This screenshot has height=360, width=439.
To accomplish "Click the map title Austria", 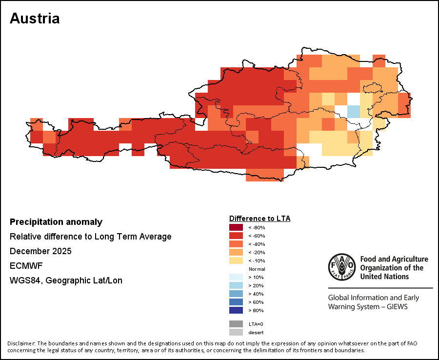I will click(35, 19).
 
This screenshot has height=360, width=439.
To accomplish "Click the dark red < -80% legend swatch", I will click(236, 227).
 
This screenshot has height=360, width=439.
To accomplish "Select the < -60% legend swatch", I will click(236, 236).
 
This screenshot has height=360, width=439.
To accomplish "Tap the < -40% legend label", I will click(257, 244).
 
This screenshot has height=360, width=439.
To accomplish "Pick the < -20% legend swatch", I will click(236, 252).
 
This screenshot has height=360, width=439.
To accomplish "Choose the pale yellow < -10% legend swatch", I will click(236, 260).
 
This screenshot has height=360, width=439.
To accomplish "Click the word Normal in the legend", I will click(257, 269).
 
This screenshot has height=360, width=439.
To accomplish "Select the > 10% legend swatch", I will click(236, 277).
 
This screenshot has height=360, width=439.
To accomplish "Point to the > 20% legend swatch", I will click(236, 285).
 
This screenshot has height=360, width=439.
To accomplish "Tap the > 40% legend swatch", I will click(236, 294).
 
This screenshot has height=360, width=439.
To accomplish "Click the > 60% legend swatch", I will click(236, 302).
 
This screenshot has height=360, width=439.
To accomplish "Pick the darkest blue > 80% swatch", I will click(236, 310).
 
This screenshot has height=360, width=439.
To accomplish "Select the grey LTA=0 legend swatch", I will click(236, 324).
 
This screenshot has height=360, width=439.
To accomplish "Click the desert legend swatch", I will click(236, 332).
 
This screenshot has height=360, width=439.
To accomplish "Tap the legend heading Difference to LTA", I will click(259, 218).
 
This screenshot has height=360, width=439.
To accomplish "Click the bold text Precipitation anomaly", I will click(56, 222).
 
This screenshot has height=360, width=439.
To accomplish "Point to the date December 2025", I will click(40, 251).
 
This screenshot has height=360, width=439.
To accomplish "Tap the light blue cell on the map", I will click(354, 111).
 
